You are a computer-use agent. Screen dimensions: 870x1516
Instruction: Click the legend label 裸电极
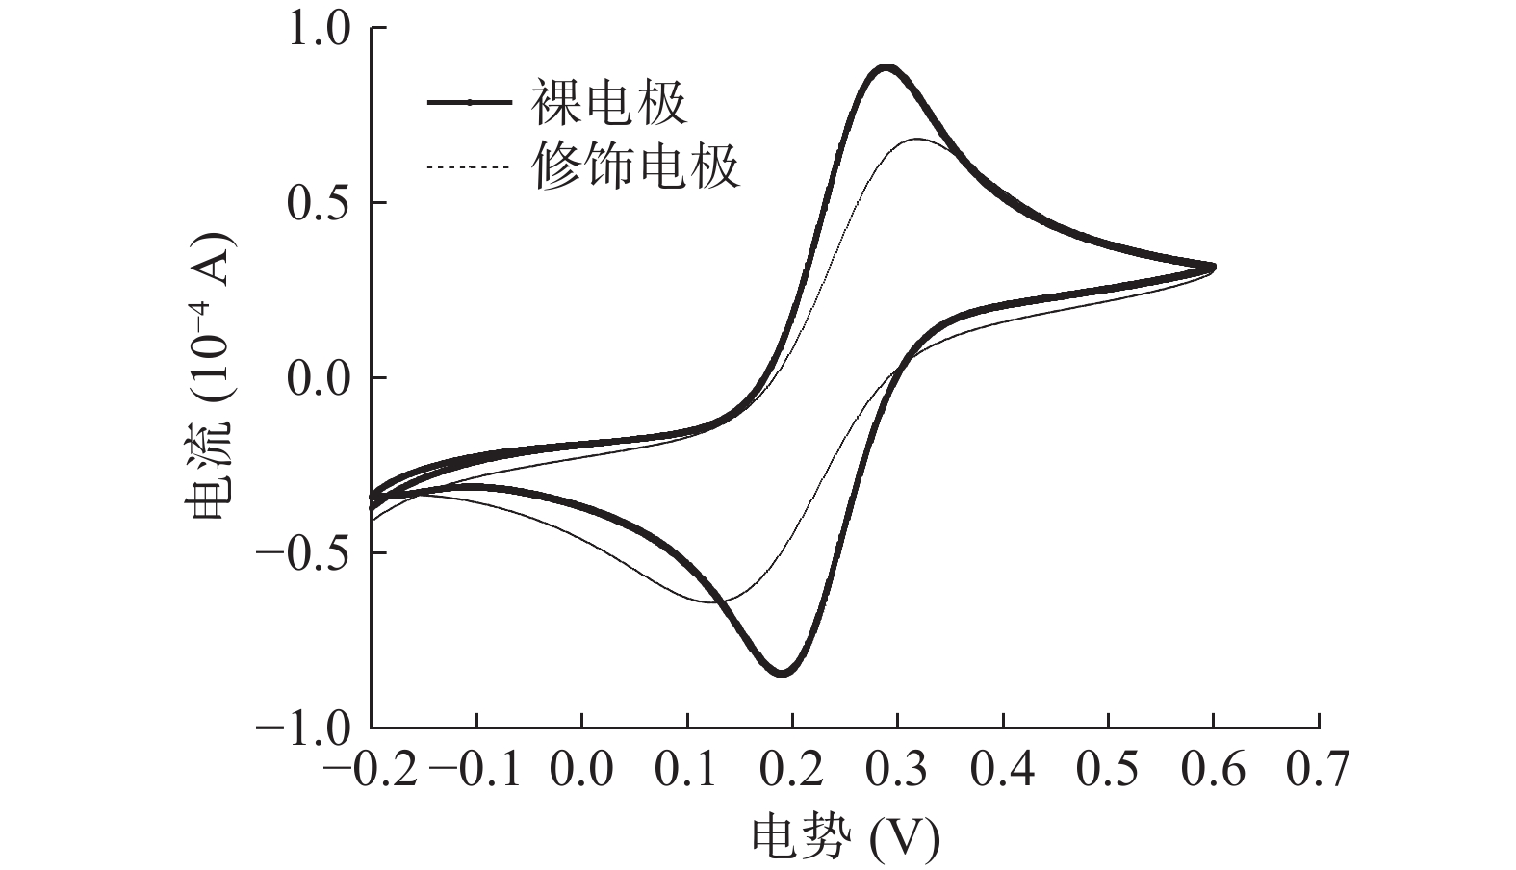608,103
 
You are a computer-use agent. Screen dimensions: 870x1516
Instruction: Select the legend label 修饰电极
635,166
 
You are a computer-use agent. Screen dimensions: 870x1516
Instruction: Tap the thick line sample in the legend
468,103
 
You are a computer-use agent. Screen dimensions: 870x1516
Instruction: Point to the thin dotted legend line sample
468,168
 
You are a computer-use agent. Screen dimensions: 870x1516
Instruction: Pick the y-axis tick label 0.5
321,203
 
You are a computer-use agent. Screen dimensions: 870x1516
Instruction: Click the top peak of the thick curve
886,67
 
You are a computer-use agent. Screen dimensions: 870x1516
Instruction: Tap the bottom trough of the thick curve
782,673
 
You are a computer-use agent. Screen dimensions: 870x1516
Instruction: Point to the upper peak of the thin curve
916,140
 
